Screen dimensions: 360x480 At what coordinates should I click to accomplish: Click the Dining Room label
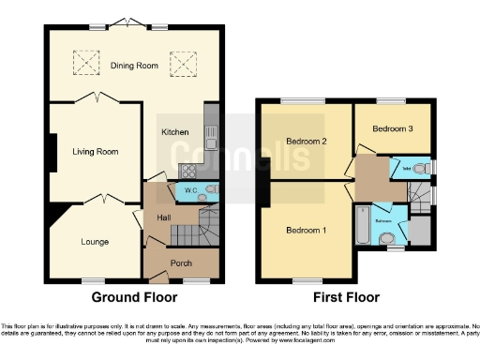point(134,66)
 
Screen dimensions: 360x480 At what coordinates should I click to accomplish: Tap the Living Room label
point(96,151)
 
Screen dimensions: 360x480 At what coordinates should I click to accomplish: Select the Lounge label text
point(94,242)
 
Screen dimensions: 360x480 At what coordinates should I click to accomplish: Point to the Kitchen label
point(176,132)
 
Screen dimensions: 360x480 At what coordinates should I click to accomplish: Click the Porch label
point(182,263)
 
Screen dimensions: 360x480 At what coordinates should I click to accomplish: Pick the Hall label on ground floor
point(163,217)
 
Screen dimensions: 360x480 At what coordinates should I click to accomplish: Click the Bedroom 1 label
point(307,230)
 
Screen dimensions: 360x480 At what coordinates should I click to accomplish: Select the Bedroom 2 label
point(306,142)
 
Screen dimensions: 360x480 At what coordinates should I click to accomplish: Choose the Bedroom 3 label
point(392,128)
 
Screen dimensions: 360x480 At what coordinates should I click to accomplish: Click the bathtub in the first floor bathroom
point(364,225)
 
